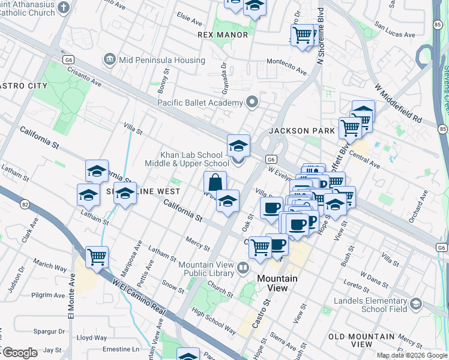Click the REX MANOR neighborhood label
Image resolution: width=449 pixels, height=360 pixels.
point(223,35)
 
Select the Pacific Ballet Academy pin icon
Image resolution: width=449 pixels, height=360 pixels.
point(252,103)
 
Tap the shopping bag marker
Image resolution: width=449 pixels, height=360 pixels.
point(215,182)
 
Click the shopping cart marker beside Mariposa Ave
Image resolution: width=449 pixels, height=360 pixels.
point(97,256)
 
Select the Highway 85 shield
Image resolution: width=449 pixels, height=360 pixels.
point(442,128)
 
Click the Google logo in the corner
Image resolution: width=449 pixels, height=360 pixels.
point(20,353)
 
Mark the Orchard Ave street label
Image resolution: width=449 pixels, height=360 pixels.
point(418,207)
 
